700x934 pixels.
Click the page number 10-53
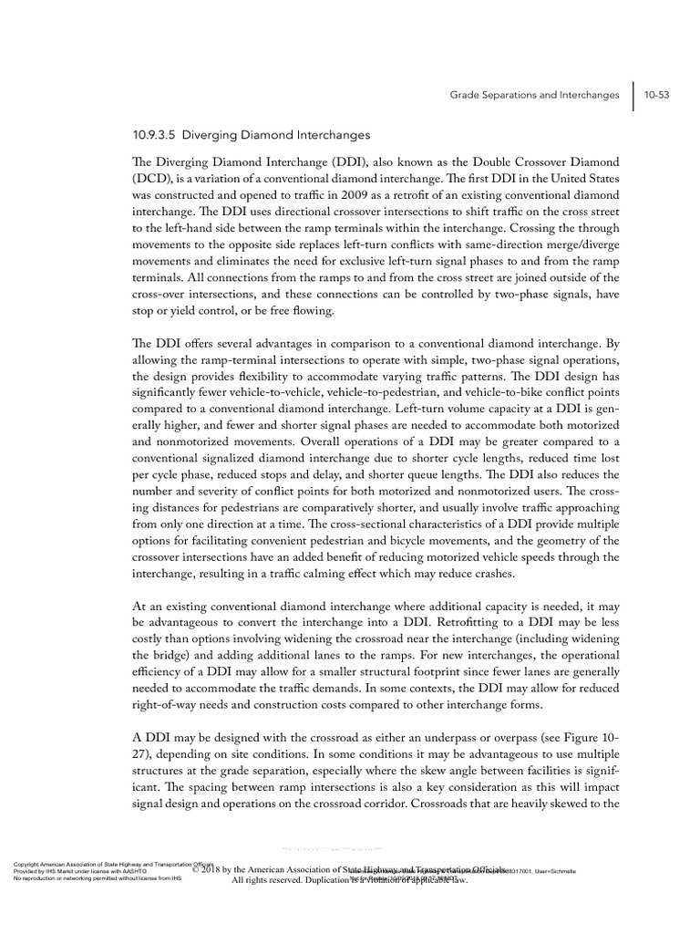(657, 95)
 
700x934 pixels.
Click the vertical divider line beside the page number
(633, 95)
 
